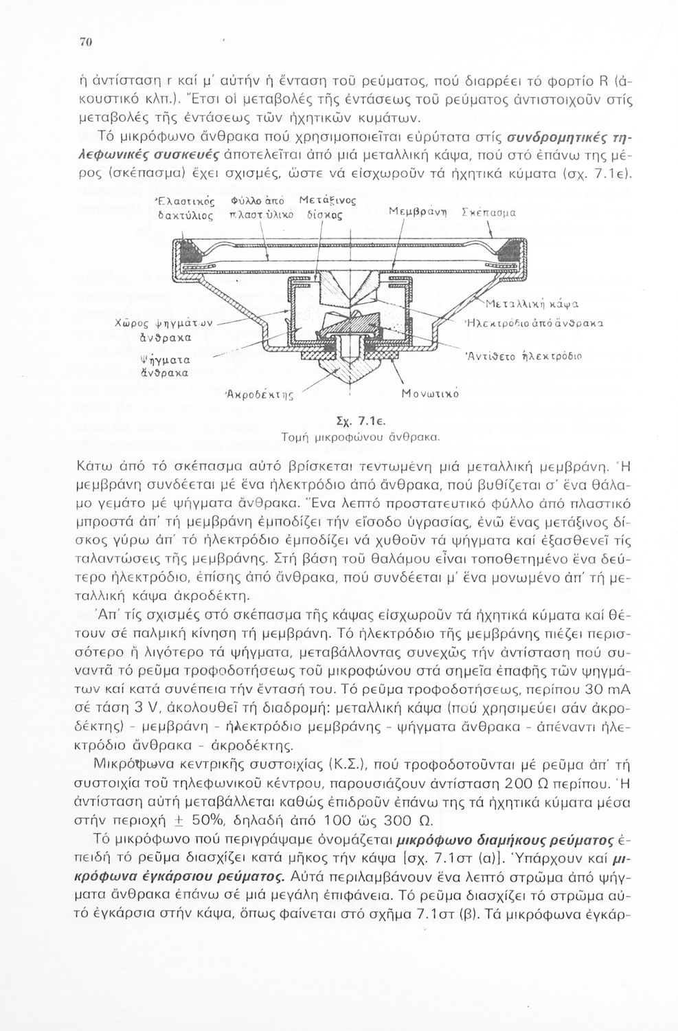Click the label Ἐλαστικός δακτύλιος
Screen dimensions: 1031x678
click(188, 209)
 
